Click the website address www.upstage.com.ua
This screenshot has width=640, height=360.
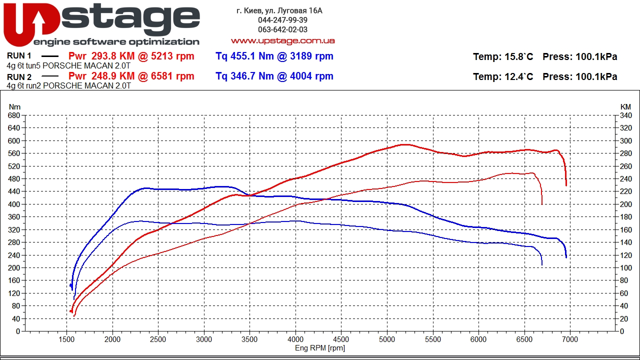click(x=282, y=41)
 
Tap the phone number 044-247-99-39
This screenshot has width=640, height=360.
click(x=282, y=20)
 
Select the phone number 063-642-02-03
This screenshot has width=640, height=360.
click(x=282, y=29)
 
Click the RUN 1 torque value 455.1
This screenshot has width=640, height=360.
click(x=242, y=56)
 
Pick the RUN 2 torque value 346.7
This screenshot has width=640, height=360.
click(x=242, y=76)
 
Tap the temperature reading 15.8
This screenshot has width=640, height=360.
click(x=513, y=56)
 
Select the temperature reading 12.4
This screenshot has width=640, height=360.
click(x=513, y=76)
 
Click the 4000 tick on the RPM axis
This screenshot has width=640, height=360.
click(x=295, y=339)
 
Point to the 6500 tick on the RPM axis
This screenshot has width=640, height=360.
click(x=524, y=339)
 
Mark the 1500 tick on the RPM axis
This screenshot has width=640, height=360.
click(x=67, y=339)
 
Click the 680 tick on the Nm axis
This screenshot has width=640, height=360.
click(x=14, y=115)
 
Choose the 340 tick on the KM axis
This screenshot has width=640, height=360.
click(x=625, y=115)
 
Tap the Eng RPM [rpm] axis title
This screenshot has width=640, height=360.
click(x=320, y=348)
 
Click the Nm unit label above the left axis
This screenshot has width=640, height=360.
click(x=14, y=107)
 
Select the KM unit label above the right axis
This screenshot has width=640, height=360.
click(x=625, y=107)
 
